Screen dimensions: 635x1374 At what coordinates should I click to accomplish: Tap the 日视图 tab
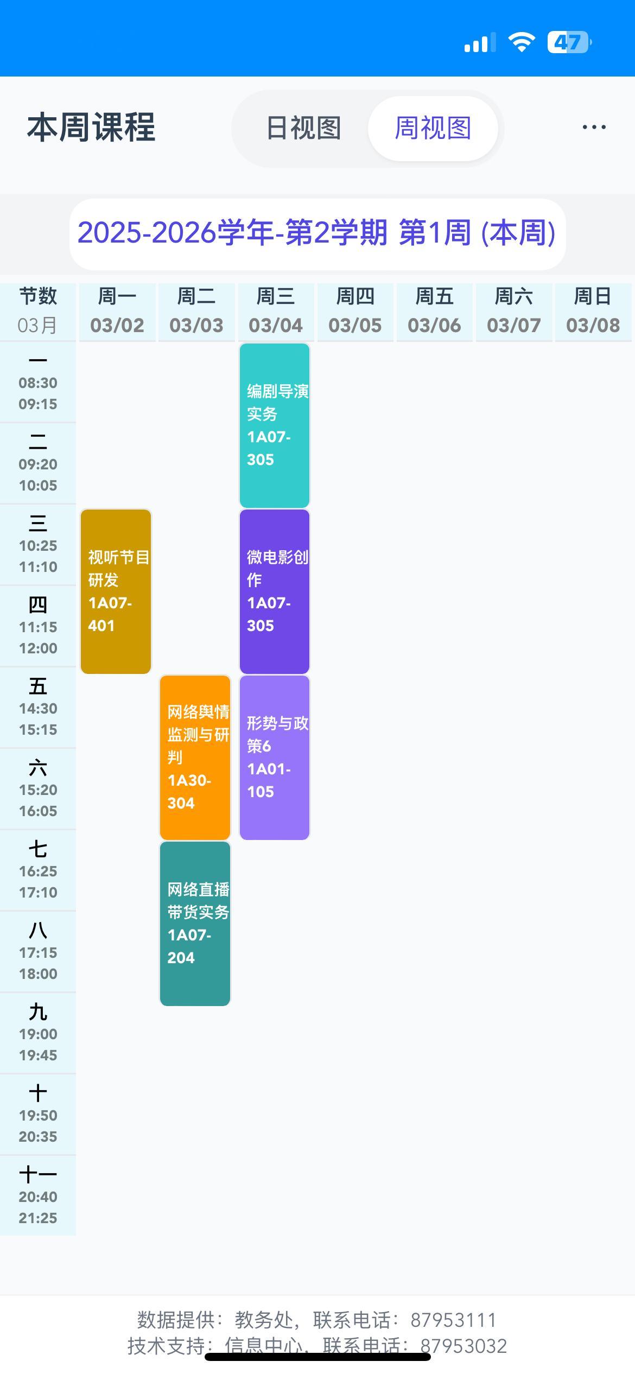coord(303,129)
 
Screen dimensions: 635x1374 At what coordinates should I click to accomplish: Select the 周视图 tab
coord(433,129)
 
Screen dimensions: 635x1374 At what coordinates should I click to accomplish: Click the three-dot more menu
coord(594,128)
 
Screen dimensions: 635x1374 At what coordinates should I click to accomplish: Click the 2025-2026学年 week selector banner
coord(317,233)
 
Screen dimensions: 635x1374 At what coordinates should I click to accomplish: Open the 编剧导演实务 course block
coord(275,425)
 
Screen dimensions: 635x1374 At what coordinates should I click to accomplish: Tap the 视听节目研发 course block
coord(116,591)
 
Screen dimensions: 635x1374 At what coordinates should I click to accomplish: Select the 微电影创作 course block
coord(275,591)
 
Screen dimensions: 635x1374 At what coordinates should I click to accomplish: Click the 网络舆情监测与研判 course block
coord(195,758)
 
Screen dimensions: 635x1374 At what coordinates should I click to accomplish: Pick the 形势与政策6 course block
coord(275,758)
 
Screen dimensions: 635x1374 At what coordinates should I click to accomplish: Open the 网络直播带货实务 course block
coord(195,924)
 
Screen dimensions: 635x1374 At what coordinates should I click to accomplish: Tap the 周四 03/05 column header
coord(355,311)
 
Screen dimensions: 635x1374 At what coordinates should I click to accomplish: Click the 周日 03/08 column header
coord(593,311)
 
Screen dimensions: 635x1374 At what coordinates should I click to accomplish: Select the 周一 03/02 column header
coord(117,311)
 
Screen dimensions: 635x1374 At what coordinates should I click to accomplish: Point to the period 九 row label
coord(38,1033)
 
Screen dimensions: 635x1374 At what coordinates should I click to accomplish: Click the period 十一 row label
coord(38,1195)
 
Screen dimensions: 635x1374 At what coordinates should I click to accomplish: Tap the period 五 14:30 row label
coord(38,707)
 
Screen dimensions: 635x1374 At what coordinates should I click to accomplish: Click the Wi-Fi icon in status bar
coord(521,42)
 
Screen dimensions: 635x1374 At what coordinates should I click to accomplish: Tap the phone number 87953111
coord(453,1320)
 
